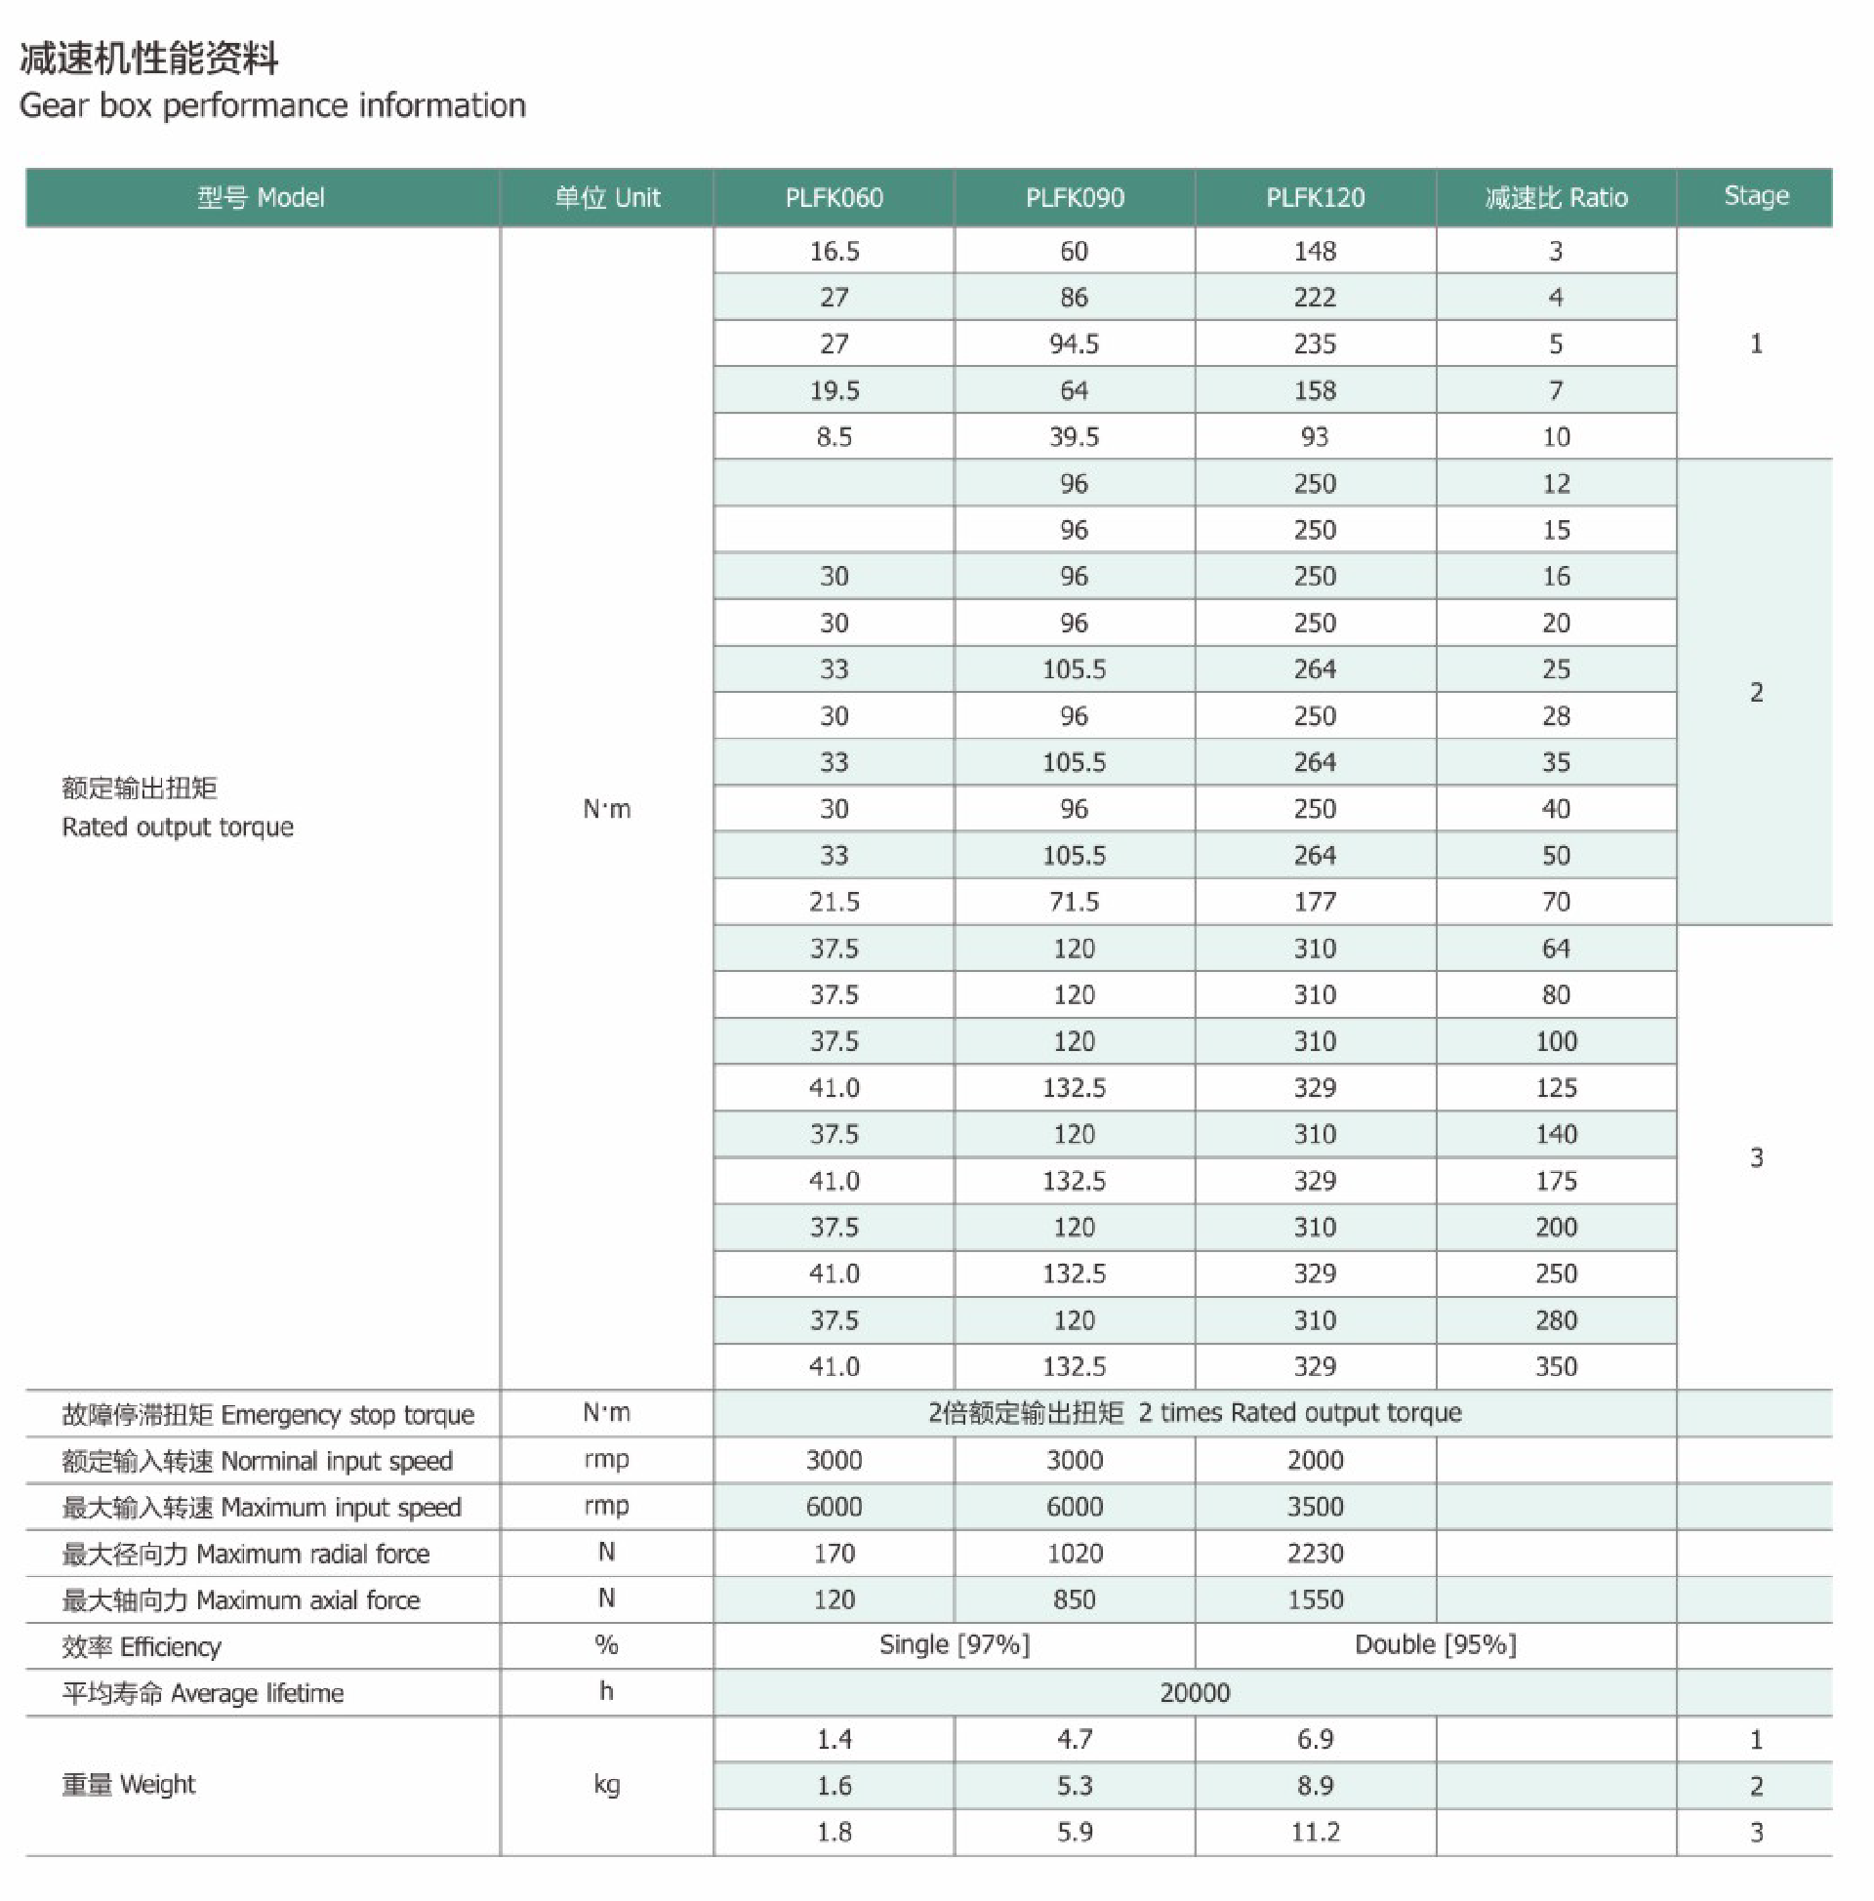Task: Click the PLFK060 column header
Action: (834, 198)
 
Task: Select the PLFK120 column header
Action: (1315, 198)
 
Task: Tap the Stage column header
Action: (1756, 196)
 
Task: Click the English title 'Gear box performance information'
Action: (272, 105)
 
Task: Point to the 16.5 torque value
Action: (834, 251)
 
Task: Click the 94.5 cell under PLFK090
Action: (1074, 344)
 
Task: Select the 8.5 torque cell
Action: (834, 437)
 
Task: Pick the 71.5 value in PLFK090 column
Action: (1074, 902)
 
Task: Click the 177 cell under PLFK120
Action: (1315, 902)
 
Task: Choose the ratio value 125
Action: (1556, 1087)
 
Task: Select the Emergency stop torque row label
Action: (267, 1414)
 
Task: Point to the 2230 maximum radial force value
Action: (1315, 1554)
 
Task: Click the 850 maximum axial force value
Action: (1074, 1599)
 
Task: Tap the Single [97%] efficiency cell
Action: (954, 1645)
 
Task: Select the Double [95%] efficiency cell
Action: (1435, 1645)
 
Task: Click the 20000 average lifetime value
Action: (1195, 1692)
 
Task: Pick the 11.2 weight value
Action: (1315, 1832)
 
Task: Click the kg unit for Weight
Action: (606, 1785)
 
